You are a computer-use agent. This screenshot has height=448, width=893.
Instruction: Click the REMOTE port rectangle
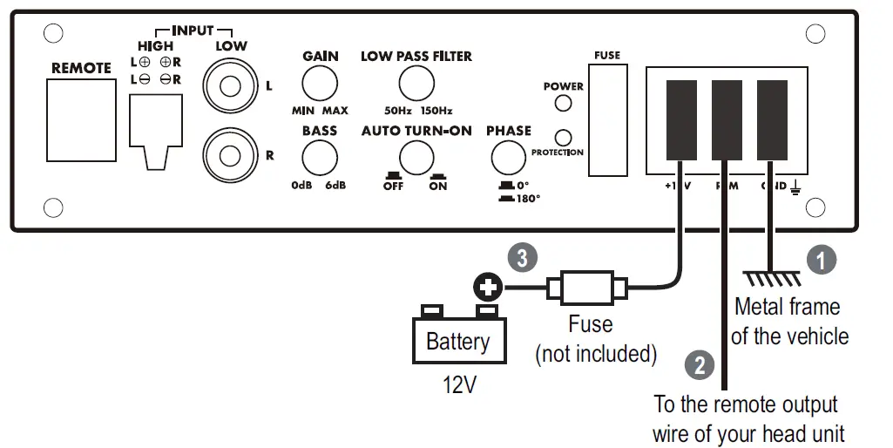[x=82, y=119]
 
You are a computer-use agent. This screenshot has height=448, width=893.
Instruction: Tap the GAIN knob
[x=320, y=85]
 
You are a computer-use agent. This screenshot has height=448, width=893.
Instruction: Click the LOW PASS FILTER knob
[x=416, y=85]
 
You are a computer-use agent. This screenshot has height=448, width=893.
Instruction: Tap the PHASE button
[x=508, y=158]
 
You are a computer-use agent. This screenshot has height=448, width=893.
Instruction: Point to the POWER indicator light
[x=564, y=104]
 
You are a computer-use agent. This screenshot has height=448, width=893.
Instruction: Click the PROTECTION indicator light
[x=564, y=137]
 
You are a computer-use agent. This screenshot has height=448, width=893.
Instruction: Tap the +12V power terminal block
[x=682, y=119]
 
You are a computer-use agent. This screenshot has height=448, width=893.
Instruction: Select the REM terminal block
[x=727, y=119]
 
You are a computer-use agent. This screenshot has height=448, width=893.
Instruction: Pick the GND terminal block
[x=771, y=119]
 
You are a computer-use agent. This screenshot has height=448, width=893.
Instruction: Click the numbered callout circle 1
[x=820, y=259]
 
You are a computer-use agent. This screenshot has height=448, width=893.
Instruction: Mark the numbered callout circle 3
[x=522, y=258]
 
